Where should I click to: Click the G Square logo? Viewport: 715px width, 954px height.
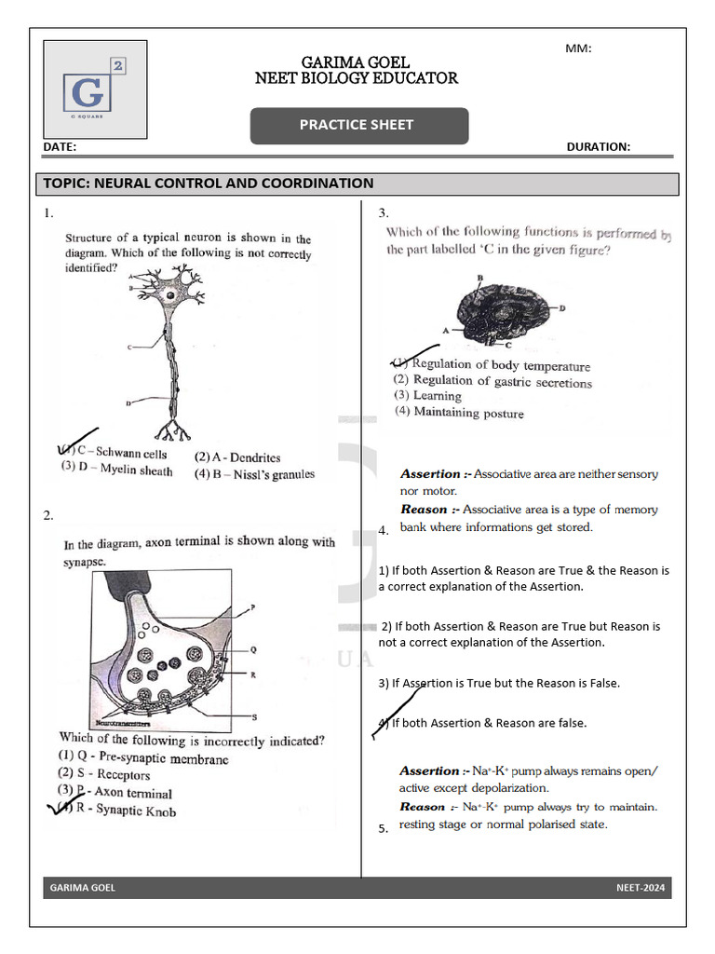click(95, 90)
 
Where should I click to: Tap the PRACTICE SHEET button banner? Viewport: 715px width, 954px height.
click(358, 125)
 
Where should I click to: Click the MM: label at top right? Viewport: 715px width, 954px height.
click(578, 48)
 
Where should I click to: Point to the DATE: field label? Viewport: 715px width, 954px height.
click(61, 147)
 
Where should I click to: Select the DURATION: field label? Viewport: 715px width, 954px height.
click(598, 147)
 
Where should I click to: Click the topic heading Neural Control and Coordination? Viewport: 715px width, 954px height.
click(209, 184)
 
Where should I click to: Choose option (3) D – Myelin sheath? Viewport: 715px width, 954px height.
click(116, 470)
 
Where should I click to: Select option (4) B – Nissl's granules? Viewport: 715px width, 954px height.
click(254, 474)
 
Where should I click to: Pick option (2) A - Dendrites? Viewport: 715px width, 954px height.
click(237, 457)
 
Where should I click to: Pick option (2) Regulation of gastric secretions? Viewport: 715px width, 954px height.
click(492, 381)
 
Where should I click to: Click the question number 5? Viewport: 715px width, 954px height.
click(383, 829)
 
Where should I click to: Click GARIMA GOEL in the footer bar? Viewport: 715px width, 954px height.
click(83, 888)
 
